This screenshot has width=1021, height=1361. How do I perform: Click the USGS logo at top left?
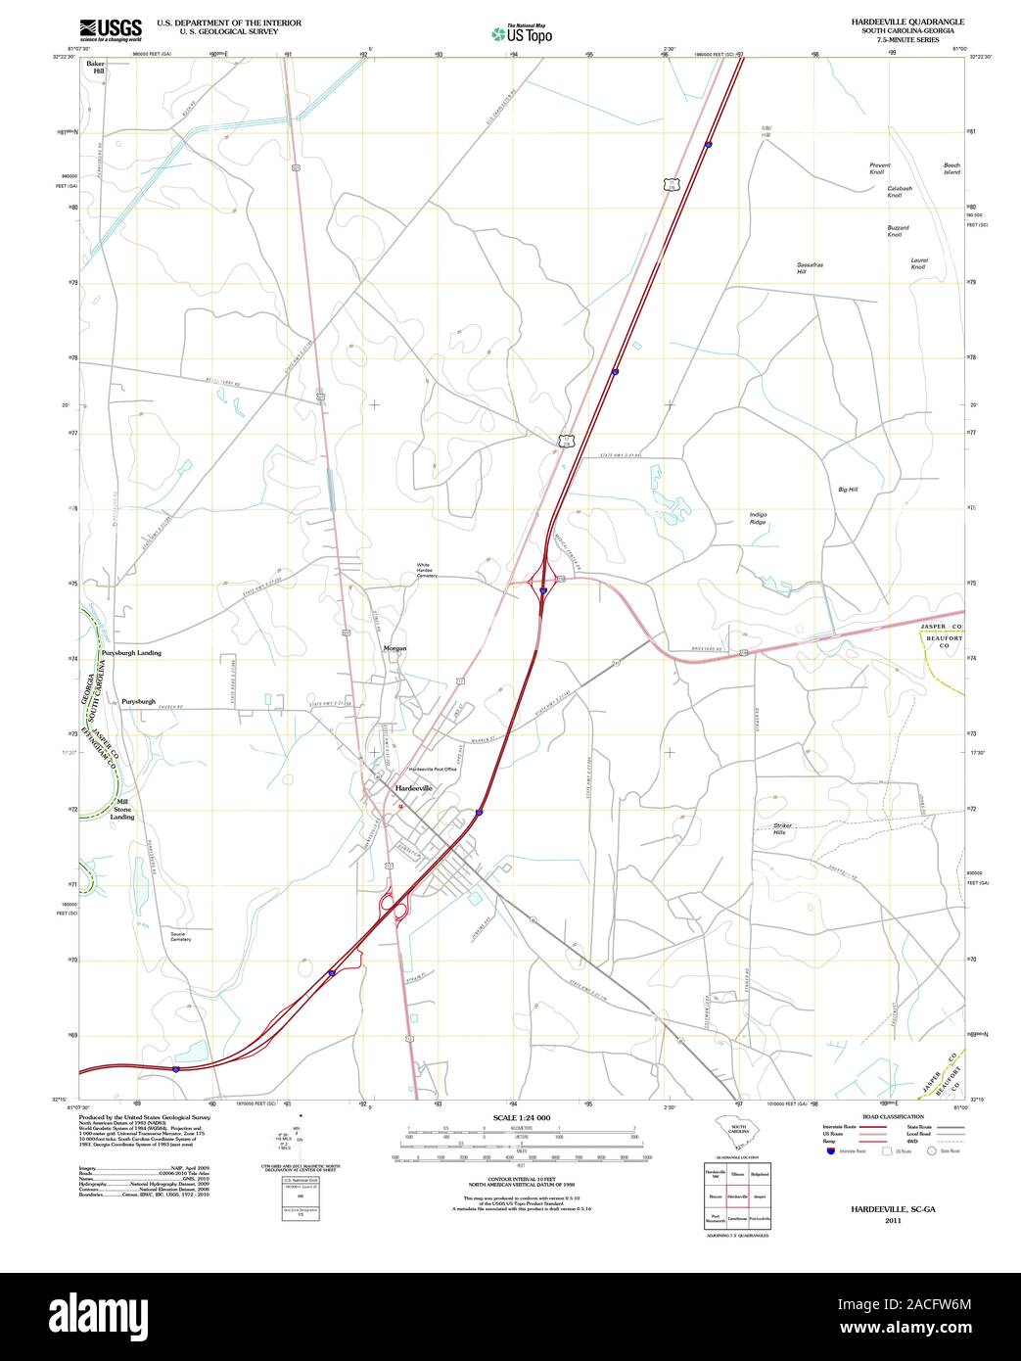coord(110,28)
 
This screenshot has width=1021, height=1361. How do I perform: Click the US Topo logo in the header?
coord(522,34)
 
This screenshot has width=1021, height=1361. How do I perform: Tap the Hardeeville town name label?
coord(413,788)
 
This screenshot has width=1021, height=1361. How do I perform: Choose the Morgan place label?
coord(394,648)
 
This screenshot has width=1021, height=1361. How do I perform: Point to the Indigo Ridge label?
coord(759,518)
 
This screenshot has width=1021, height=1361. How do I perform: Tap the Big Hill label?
coord(848,489)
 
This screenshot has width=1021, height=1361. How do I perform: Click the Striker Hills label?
coord(781,828)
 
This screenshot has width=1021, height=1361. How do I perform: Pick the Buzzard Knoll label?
coord(898,231)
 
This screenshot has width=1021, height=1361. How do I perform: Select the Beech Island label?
coord(951,168)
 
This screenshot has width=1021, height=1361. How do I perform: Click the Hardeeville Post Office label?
coord(433,770)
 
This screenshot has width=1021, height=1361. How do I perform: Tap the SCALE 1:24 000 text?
coord(522,1117)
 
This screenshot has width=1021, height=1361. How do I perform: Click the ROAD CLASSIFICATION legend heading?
coord(893,1117)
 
